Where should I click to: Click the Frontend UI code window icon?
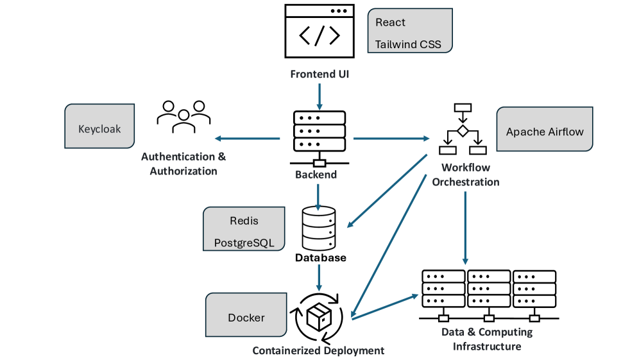pos(319,31)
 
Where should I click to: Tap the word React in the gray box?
pos(390,22)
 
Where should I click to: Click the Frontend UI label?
pos(319,74)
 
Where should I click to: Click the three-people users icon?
pos(183,116)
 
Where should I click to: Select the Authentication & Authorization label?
pos(183,164)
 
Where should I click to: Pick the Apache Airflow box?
pos(545,132)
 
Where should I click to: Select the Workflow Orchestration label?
pos(465,175)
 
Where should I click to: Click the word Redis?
pos(244,221)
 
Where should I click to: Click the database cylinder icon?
pos(318,227)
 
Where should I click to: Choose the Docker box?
pos(246,318)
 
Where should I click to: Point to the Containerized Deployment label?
pos(318,350)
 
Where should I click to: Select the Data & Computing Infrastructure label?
pos(487,339)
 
